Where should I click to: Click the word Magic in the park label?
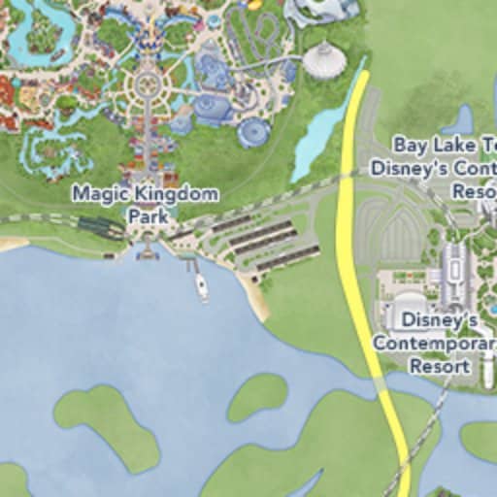click(x=100, y=193)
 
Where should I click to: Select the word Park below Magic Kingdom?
click(x=148, y=215)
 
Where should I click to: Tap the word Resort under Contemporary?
click(x=440, y=367)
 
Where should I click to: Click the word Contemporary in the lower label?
click(x=434, y=344)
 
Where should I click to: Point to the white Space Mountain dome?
click(x=324, y=60)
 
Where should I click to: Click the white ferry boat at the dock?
click(x=201, y=286)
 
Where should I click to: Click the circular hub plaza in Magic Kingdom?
click(x=148, y=84)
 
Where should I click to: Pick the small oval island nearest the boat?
click(x=257, y=394)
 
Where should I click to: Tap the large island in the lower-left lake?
click(x=107, y=427)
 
